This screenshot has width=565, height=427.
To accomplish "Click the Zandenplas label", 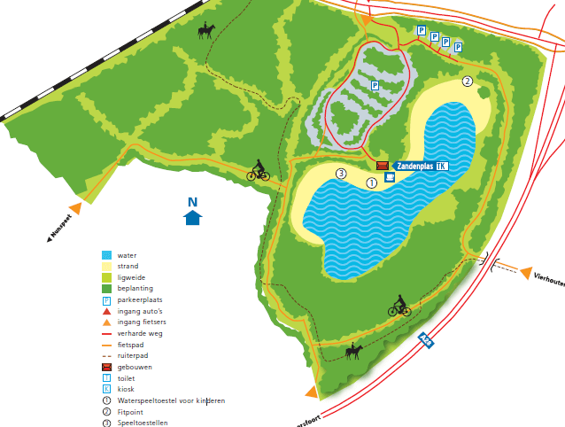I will click(x=414, y=166).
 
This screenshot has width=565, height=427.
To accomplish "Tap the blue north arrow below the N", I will click(x=192, y=218).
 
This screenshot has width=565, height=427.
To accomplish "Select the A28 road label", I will click(x=427, y=338).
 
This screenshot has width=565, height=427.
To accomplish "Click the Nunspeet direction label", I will click(x=60, y=228).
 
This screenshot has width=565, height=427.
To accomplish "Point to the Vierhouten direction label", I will click(x=548, y=277).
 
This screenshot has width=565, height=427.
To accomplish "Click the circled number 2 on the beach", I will click(x=468, y=82).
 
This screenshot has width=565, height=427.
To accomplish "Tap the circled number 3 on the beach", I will click(x=341, y=173).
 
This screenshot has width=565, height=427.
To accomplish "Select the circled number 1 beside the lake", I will click(x=371, y=182).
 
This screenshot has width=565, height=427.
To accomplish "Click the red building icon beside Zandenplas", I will click(x=383, y=166).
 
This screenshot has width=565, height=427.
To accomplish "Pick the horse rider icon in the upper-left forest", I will click(x=206, y=32).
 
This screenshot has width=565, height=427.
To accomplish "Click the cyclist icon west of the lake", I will click(x=258, y=171).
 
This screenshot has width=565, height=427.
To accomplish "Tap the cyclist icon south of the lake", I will click(x=399, y=307).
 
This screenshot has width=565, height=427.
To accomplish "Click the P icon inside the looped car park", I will click(x=375, y=86).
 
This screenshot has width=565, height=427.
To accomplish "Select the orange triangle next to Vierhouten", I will click(x=525, y=272).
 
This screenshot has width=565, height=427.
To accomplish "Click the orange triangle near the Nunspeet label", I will click(x=76, y=208).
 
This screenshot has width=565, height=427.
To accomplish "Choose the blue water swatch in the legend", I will click(x=106, y=254).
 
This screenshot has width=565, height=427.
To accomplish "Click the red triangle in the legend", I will click(x=106, y=311).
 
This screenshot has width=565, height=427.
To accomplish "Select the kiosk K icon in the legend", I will click(x=106, y=389).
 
